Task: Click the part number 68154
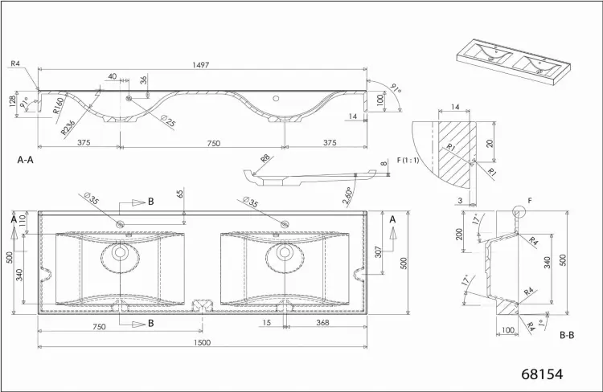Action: [542, 374]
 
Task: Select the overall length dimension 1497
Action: [201, 65]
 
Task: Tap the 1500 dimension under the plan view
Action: [203, 342]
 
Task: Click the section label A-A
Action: [26, 160]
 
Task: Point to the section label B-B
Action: [567, 335]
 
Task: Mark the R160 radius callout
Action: [58, 106]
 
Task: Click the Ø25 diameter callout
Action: [168, 120]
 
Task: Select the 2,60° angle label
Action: [347, 197]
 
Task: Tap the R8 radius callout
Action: [265, 158]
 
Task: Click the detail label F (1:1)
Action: [408, 161]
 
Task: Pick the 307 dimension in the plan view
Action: [378, 252]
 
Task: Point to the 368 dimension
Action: [322, 322]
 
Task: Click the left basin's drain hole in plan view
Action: [121, 252]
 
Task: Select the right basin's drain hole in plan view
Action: [285, 252]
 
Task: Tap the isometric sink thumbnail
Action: [515, 62]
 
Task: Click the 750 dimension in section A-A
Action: [214, 143]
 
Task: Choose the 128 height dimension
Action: [12, 100]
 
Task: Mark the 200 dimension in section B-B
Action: [459, 234]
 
